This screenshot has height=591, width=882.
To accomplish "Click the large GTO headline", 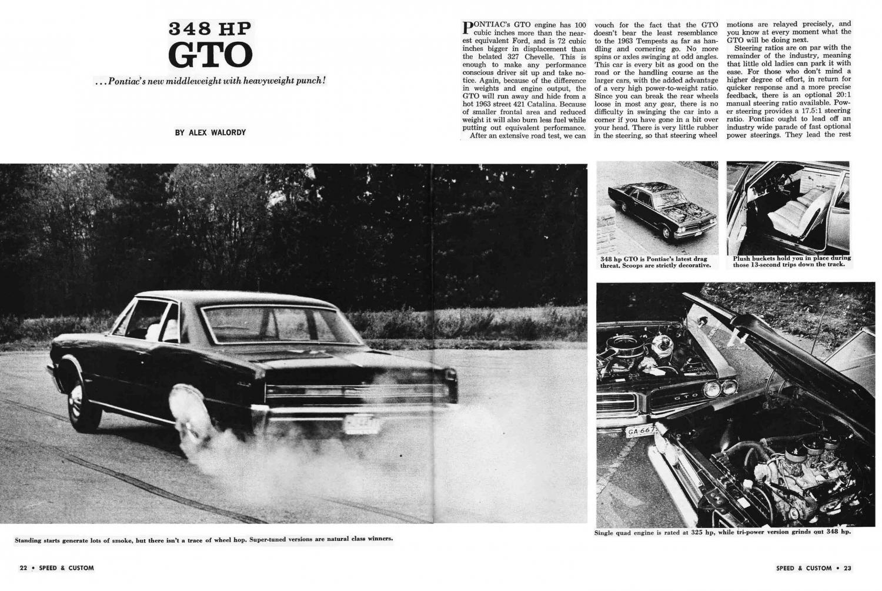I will pos(210,54).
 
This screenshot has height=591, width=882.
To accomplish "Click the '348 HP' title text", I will pos(210,28).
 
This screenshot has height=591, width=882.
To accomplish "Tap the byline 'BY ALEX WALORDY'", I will pos(210,132).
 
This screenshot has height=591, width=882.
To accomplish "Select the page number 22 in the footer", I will pos(24,568).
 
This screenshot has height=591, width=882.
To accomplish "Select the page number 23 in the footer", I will pos(847,568).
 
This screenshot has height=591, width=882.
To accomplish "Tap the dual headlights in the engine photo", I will pos(720,387).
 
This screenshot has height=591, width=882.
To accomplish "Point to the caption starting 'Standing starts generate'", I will pos(203,539).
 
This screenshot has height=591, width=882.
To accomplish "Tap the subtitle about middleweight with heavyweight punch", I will pos(210,81).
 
